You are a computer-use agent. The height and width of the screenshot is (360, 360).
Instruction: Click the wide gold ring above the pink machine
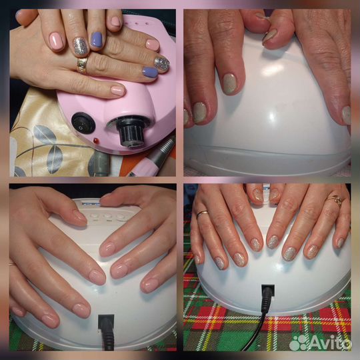[82, 65]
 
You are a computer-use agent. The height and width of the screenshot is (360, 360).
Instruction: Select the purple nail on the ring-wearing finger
[150, 72]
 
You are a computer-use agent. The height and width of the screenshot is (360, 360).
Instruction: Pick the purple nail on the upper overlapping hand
[97, 39]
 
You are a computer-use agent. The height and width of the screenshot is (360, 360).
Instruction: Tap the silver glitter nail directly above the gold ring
[80, 46]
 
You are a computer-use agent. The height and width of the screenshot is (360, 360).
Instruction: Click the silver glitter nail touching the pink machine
[161, 63]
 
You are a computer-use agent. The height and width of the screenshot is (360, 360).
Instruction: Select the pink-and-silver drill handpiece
[151, 159]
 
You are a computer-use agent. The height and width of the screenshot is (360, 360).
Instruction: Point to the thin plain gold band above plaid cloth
[202, 213]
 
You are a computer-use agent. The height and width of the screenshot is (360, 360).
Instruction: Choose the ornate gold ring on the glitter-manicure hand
[335, 200]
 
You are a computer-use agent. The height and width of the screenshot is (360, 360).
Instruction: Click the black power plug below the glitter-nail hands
[268, 298]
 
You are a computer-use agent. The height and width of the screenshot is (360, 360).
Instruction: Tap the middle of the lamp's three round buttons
[108, 216]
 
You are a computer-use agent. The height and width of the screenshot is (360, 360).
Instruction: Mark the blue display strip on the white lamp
[91, 203]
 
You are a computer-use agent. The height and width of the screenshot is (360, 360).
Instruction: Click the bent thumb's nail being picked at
[269, 36]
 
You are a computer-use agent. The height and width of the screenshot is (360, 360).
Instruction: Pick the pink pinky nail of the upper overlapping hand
[115, 21]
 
